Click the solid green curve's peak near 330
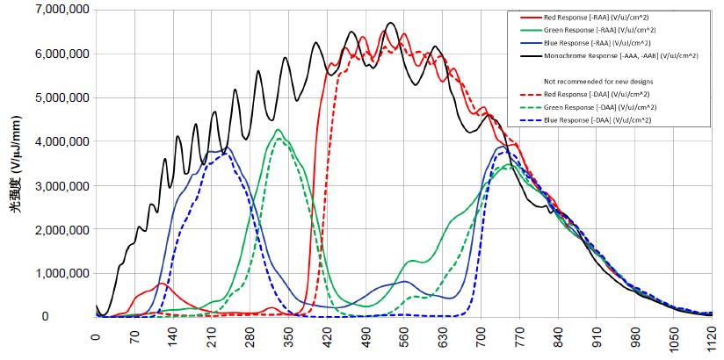click(x=278, y=130)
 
